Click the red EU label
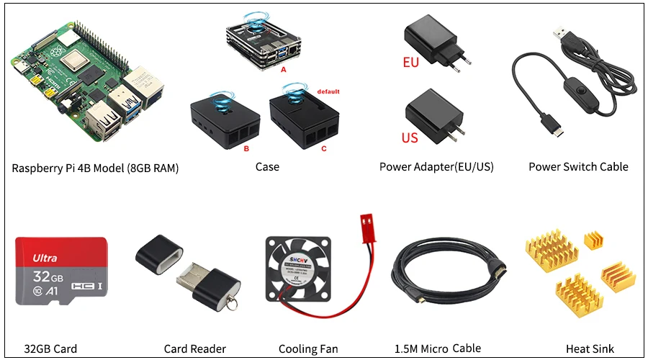[410, 63]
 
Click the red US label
[409, 137]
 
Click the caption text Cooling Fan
[308, 349]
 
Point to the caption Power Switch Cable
[578, 167]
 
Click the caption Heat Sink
[590, 349]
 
